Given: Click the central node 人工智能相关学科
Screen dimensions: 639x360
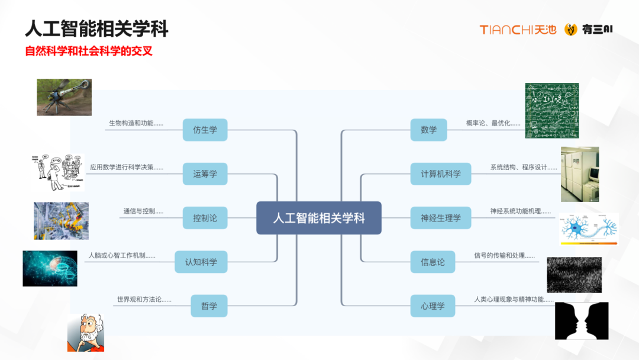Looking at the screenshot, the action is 319,218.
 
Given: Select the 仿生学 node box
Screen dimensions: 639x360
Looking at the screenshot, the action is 205,130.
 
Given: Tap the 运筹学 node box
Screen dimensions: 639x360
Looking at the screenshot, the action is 205,174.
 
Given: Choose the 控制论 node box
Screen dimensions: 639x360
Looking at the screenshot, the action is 205,218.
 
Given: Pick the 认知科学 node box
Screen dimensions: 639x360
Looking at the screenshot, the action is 201,262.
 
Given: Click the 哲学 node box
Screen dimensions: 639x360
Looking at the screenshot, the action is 209,306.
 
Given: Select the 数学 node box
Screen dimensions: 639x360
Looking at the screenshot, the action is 429,130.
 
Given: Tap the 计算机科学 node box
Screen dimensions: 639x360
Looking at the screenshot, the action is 441,174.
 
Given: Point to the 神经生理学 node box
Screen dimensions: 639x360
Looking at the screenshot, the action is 441,218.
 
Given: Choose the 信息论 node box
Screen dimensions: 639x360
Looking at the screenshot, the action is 433,262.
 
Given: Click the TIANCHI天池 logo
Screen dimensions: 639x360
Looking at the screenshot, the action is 518,30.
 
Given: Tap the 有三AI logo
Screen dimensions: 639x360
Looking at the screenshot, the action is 588,30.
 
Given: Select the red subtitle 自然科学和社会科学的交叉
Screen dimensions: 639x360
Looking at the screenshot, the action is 89,51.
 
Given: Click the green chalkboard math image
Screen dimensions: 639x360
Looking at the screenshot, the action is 551,111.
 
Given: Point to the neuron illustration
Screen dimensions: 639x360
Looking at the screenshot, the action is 589,229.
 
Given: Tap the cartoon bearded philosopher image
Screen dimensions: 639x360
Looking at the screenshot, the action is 86,333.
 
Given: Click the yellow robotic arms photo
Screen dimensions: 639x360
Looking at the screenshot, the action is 61,221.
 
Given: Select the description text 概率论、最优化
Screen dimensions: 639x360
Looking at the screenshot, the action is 493,123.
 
